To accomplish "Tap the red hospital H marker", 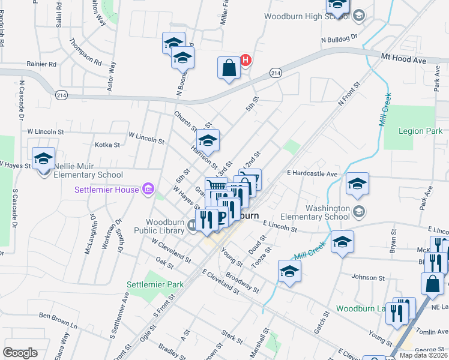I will [245, 60].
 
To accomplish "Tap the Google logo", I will [20, 353].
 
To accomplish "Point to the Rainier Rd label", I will [41, 64].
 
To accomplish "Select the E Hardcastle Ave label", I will [312, 173].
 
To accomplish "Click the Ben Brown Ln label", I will [59, 315].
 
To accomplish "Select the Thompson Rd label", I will [85, 51].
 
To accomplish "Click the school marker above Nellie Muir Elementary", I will [43, 158].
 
